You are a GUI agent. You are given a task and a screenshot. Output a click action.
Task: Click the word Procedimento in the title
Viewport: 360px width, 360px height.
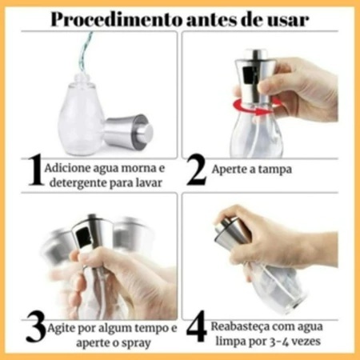116,20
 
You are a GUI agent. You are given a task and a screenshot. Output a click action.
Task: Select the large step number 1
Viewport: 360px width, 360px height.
35,170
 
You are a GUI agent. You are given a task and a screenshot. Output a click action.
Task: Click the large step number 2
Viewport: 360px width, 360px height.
196,170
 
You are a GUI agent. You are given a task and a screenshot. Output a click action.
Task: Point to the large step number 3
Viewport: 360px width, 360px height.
36,327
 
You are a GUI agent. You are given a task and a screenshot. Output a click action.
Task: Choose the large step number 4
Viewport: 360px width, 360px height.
197,326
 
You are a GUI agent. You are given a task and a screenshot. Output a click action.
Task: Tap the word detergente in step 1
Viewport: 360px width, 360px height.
79,183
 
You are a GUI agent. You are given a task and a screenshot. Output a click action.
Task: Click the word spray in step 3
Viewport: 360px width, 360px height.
135,343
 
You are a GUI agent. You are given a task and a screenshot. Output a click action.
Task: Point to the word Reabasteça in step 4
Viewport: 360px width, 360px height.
239,327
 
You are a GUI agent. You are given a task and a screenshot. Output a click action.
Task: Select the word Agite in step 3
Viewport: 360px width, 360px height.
61,329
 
